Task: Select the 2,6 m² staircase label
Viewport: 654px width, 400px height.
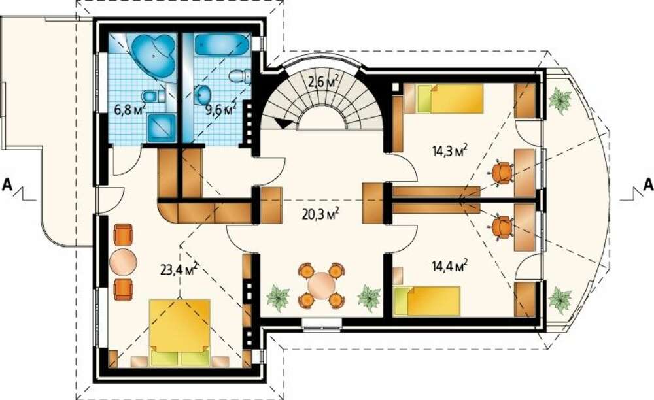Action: click(x=323, y=82)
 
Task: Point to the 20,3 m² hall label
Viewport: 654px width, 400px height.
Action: click(x=320, y=214)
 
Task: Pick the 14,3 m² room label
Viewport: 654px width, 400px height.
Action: click(x=449, y=150)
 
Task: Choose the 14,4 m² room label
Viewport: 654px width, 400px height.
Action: click(x=449, y=265)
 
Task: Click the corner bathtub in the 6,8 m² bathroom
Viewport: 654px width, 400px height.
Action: click(x=152, y=55)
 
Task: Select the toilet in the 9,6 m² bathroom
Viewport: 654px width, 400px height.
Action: click(x=239, y=76)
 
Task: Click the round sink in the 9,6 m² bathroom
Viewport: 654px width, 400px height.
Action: click(x=204, y=95)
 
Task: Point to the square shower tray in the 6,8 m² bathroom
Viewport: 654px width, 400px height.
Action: click(x=162, y=128)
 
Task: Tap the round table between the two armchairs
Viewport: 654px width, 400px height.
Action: click(x=123, y=262)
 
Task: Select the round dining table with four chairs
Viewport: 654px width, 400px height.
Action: click(x=321, y=286)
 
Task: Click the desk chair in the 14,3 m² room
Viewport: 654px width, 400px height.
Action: click(x=502, y=173)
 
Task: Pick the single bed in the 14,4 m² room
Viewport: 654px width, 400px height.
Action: click(x=426, y=301)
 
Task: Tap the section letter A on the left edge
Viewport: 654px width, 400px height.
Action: click(x=7, y=184)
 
